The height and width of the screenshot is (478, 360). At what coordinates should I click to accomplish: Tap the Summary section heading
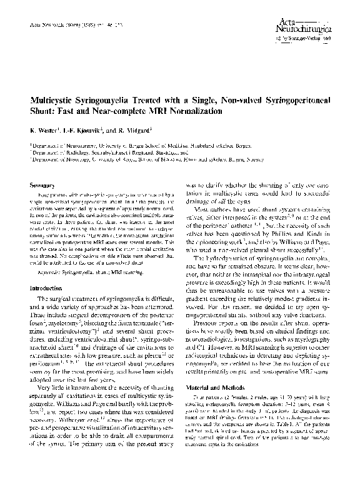44,185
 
